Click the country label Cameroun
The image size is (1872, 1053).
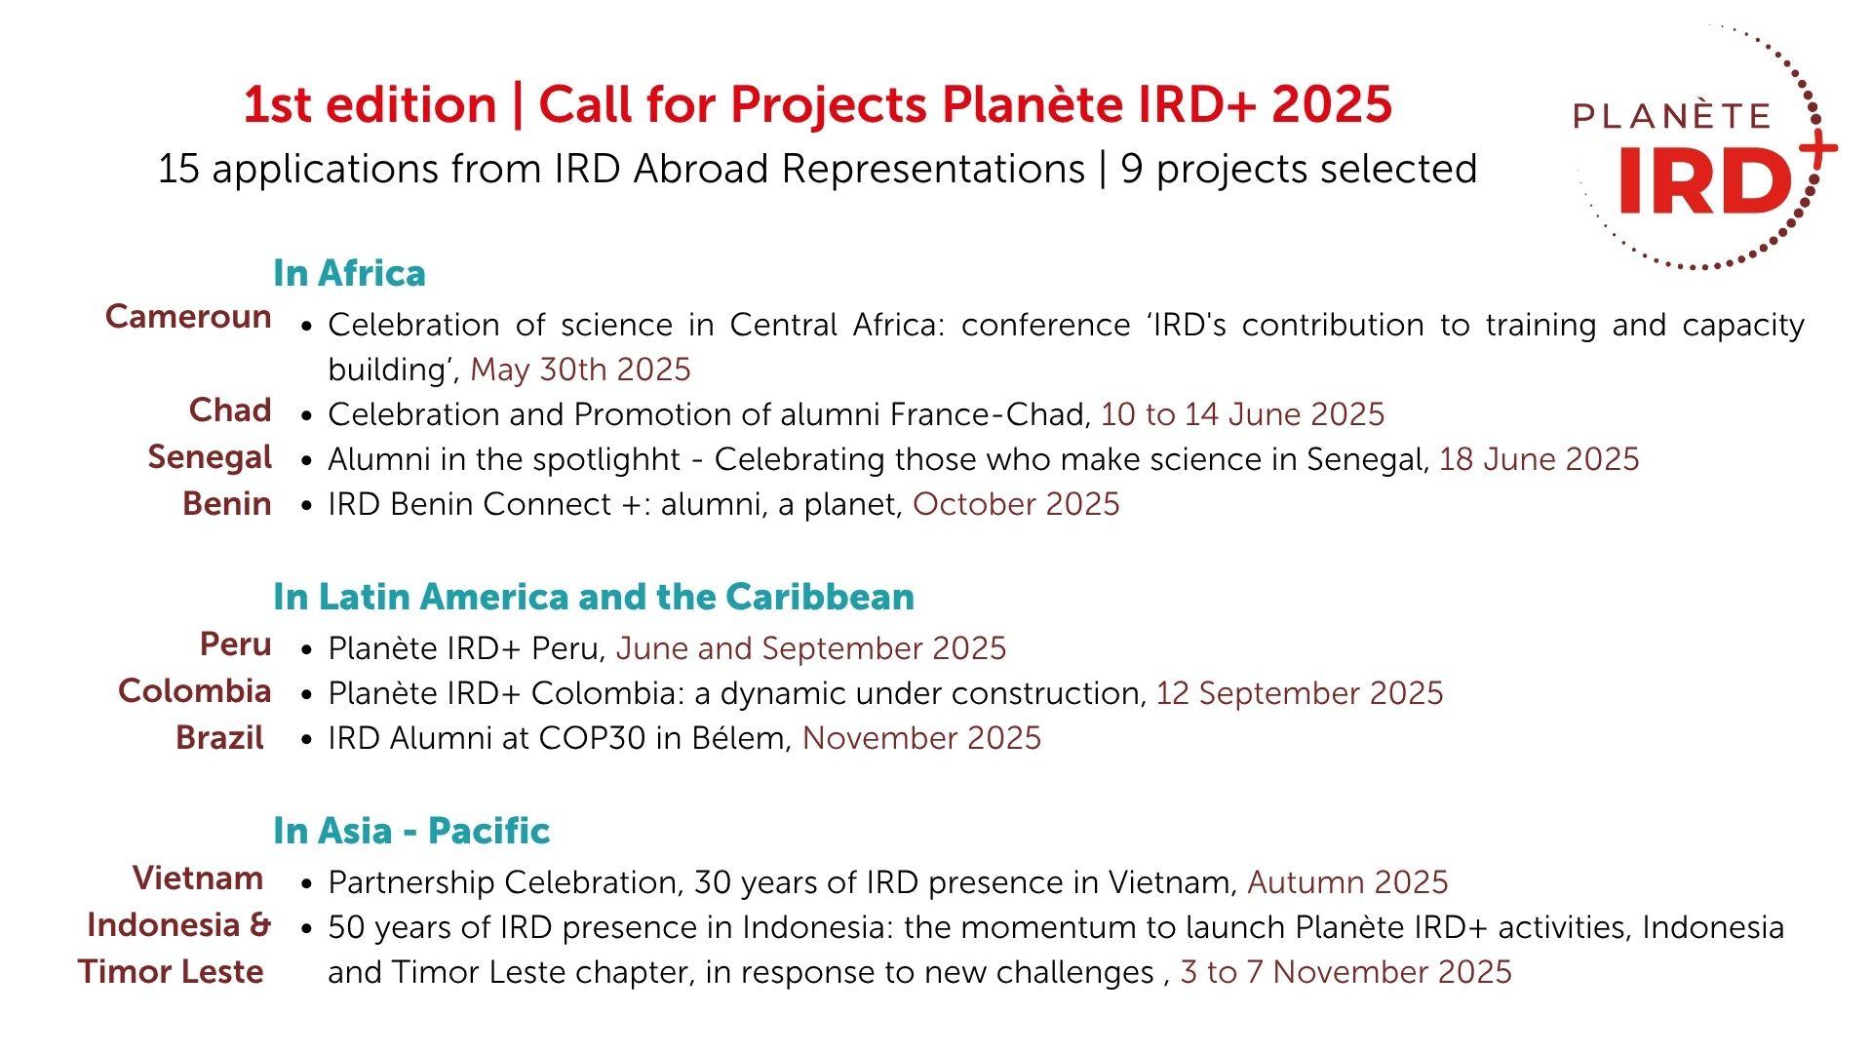pyautogui.click(x=188, y=317)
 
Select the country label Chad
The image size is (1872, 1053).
pyautogui.click(x=230, y=410)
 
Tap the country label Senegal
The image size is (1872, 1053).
pyautogui.click(x=210, y=457)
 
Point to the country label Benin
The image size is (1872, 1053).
pyautogui.click(x=226, y=504)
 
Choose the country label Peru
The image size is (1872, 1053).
pyautogui.click(x=235, y=644)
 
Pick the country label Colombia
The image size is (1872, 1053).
pyautogui.click(x=194, y=691)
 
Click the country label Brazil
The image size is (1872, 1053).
pyautogui.click(x=219, y=738)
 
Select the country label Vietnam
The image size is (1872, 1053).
pyautogui.click(x=198, y=878)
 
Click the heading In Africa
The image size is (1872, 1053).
pyautogui.click(x=349, y=273)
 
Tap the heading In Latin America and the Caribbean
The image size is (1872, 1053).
pyautogui.click(x=594, y=597)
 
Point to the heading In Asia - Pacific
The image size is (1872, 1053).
pyautogui.click(x=411, y=831)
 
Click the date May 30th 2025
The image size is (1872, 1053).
pyautogui.click(x=580, y=370)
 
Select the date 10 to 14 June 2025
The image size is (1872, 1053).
pyautogui.click(x=1242, y=414)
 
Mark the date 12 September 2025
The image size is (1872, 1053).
pyautogui.click(x=1300, y=693)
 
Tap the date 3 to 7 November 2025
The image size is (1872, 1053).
pyautogui.click(x=1345, y=972)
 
